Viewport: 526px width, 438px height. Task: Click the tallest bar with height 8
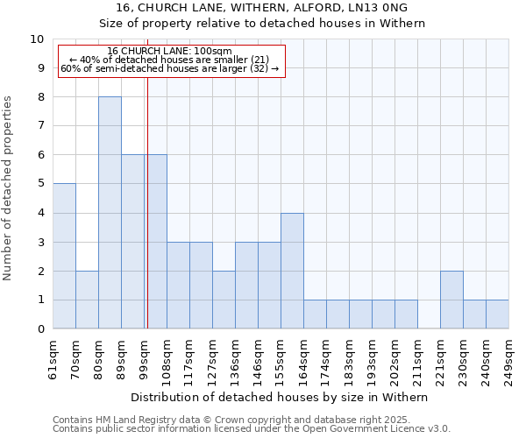(x=110, y=213)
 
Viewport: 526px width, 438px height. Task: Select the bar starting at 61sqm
(x=64, y=256)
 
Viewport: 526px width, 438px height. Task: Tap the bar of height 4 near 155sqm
(x=292, y=271)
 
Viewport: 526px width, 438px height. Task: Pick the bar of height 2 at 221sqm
(x=451, y=300)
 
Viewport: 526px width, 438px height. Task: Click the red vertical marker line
(x=147, y=219)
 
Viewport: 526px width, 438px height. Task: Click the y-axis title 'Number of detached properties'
(x=9, y=189)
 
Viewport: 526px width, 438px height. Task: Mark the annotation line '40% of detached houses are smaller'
(x=170, y=60)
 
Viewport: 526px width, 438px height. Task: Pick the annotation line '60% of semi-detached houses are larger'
(x=170, y=68)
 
